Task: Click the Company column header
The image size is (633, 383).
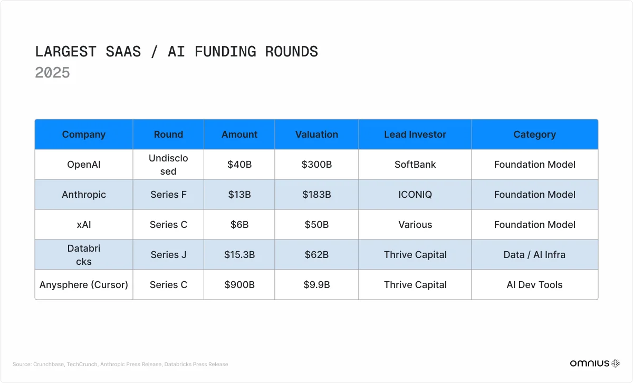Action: point(84,135)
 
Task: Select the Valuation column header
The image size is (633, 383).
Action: point(316,135)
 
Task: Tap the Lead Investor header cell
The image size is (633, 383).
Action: point(415,135)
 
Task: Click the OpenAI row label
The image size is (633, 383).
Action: point(84,165)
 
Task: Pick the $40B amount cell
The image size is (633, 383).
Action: point(239,165)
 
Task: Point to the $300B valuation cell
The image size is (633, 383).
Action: point(316,165)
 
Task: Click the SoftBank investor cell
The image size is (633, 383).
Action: point(415,165)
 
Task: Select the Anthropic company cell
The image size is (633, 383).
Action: point(84,195)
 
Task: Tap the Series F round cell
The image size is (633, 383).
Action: point(168,195)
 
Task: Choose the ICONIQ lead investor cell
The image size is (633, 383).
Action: point(415,195)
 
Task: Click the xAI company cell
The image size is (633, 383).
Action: point(84,225)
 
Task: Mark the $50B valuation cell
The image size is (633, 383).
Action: point(316,225)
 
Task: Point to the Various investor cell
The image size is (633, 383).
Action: point(415,225)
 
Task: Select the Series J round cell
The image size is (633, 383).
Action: point(168,255)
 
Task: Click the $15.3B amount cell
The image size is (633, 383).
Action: point(239,255)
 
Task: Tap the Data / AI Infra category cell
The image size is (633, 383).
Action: point(534,255)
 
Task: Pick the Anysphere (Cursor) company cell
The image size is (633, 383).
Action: point(84,285)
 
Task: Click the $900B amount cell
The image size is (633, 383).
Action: point(239,285)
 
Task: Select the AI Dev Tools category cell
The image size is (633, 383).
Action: point(534,285)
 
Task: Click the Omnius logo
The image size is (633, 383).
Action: point(594,363)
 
